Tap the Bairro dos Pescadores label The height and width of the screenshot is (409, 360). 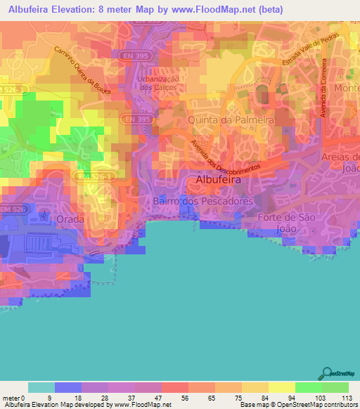tap(202, 201)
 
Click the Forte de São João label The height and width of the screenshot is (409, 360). tap(284, 223)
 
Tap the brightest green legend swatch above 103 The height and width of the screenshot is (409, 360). tap(309, 387)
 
